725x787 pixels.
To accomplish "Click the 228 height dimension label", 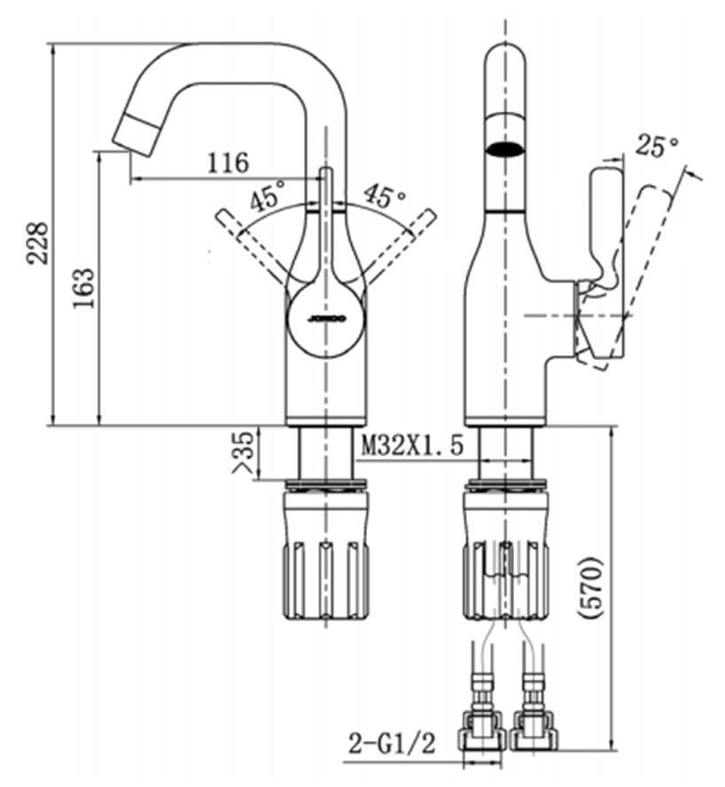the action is (x=38, y=243).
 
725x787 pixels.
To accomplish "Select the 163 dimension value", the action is (x=84, y=289).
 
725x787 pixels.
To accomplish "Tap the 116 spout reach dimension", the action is (x=229, y=162).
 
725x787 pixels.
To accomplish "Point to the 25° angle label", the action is (x=657, y=145).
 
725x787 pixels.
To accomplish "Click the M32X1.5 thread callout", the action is (x=413, y=445).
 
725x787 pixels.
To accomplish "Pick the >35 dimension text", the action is (x=244, y=452).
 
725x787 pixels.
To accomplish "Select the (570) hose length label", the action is (x=590, y=588).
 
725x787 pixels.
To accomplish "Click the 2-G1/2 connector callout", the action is (x=392, y=744).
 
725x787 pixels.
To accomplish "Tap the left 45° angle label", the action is (x=269, y=195).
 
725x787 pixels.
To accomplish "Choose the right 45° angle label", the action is (x=385, y=195).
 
